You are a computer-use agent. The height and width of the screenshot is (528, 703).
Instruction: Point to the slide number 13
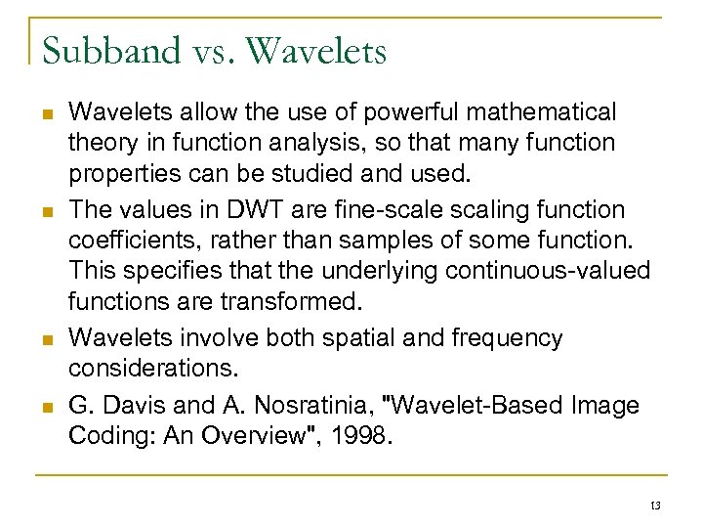tap(654, 506)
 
